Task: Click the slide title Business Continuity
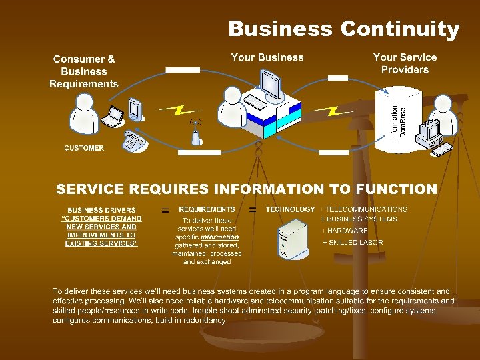coord(343,29)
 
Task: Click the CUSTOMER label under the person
coord(84,148)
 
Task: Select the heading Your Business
coord(267,57)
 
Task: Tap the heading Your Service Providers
coord(405,63)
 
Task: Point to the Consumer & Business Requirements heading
coord(84,71)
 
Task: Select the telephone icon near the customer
coord(135,141)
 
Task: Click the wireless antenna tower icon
coord(195,133)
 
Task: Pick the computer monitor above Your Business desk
coord(270,83)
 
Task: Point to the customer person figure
coord(85,113)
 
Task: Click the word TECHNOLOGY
coord(290,209)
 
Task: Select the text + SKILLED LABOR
coord(353,243)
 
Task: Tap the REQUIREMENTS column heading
coord(207,209)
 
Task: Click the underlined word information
coord(219,237)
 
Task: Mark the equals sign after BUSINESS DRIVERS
coord(165,211)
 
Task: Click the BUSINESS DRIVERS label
coord(101,210)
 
